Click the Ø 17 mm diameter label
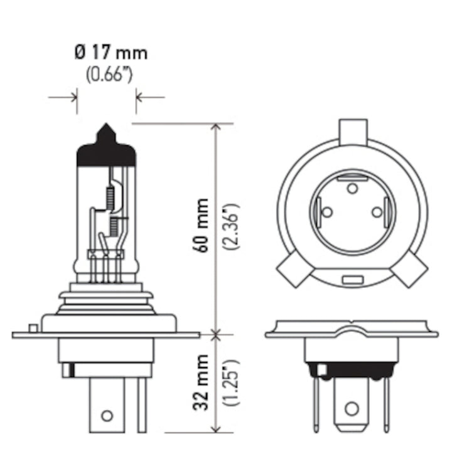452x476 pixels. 110,53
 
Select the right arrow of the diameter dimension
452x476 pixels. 139,97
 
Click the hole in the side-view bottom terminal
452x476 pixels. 106,415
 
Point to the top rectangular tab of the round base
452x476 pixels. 352,131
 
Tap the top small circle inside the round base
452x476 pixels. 352,188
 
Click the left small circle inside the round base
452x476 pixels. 326,212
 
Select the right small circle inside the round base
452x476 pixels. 377,212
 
